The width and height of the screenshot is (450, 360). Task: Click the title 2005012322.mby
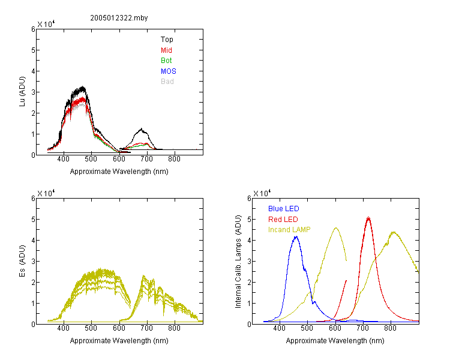point(119,18)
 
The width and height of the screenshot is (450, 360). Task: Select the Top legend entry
point(167,40)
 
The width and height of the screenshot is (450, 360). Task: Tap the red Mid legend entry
point(166,50)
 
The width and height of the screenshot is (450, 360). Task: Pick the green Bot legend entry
point(166,61)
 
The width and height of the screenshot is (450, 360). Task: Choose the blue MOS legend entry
point(169,71)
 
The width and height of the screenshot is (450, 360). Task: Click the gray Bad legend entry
point(167,82)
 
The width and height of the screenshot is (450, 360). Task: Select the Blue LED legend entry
point(284,209)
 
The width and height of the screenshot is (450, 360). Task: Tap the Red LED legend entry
point(283,220)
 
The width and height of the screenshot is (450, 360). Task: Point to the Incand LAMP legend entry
point(289,230)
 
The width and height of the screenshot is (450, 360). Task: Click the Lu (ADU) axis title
point(22,92)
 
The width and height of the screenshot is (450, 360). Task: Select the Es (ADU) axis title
point(22,261)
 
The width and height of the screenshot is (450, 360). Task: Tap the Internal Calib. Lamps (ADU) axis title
point(238,262)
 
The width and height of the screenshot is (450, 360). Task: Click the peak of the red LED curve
point(368,217)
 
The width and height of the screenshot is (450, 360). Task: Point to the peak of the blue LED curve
point(296,236)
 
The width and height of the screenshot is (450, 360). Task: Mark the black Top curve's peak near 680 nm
point(141,128)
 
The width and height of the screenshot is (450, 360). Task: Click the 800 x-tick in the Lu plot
point(174,159)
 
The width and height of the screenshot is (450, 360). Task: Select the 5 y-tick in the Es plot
point(33,220)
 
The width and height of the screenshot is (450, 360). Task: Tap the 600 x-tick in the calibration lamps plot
point(335,328)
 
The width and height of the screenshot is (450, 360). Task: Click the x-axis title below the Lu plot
point(119,172)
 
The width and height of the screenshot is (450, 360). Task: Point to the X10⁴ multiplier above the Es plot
point(46,193)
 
